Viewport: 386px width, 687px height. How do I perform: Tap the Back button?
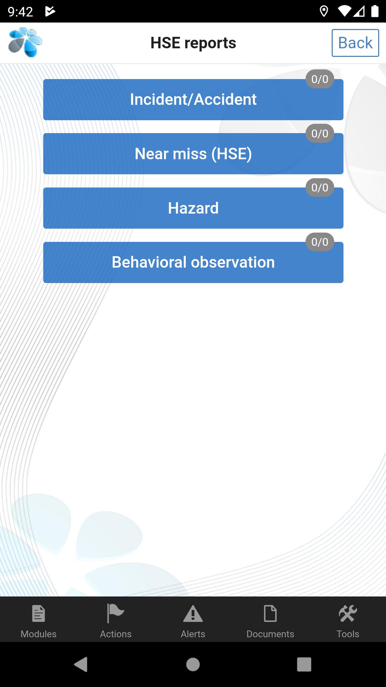tap(355, 43)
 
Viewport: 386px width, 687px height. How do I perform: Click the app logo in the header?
tap(25, 42)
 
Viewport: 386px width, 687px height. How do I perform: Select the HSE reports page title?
tap(193, 43)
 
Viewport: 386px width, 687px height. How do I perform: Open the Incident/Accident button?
tap(193, 99)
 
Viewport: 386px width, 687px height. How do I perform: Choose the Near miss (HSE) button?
tap(193, 154)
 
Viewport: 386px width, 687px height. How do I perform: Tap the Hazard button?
tap(193, 208)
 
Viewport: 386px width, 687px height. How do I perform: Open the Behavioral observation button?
tap(193, 262)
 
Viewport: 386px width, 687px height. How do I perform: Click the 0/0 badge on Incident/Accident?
tap(320, 79)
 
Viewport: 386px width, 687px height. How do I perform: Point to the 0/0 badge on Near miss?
tap(320, 133)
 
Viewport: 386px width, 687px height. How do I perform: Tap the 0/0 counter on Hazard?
tap(320, 187)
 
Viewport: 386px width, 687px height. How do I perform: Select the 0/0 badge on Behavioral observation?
tap(320, 242)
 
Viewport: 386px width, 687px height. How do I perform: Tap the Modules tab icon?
tap(39, 613)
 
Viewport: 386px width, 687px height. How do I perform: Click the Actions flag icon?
tap(115, 613)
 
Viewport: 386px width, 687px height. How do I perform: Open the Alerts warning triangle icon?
tap(193, 614)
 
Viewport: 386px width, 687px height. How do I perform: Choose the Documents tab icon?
tap(270, 613)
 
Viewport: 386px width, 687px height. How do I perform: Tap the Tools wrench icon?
tap(348, 613)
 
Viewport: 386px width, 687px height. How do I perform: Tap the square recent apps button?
tap(304, 664)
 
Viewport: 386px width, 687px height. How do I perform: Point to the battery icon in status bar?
tap(375, 11)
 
